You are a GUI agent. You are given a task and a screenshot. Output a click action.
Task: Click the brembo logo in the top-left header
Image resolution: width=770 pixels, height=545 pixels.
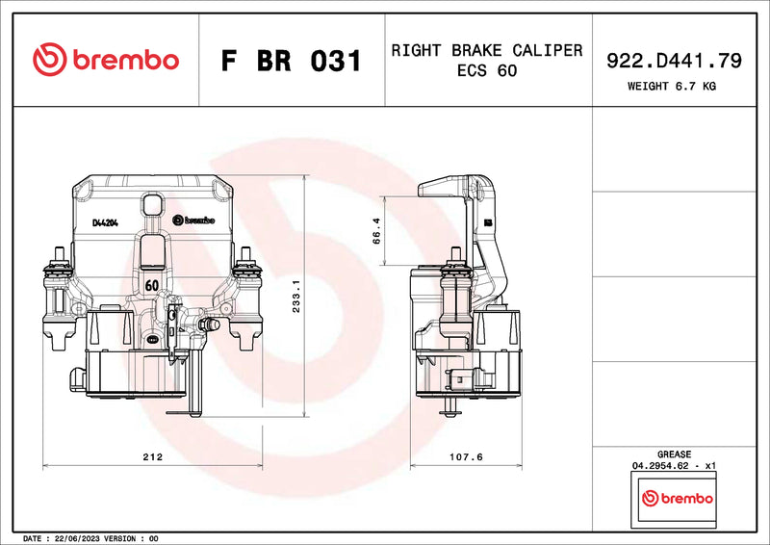(x=106, y=60)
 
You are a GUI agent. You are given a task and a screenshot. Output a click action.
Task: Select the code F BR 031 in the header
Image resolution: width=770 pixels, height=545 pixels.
(x=292, y=61)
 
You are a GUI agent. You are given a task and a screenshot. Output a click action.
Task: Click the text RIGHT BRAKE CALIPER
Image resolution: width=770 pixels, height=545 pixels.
(x=486, y=50)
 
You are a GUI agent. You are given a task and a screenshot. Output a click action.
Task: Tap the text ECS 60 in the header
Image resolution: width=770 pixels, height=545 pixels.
(x=486, y=72)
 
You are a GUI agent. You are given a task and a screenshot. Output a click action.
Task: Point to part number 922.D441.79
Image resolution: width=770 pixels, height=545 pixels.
(x=673, y=61)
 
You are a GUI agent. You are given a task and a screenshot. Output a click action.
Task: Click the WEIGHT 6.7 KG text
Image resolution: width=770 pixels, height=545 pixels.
(x=672, y=86)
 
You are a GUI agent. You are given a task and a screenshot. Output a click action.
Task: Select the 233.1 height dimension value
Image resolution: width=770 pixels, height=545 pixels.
(x=296, y=297)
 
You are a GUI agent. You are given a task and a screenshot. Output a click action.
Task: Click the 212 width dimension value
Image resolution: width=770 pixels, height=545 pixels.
(x=152, y=456)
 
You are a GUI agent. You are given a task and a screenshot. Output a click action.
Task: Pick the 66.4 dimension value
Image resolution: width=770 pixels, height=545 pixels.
(x=376, y=232)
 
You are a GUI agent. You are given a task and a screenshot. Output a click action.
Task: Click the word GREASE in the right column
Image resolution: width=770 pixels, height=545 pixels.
(x=673, y=454)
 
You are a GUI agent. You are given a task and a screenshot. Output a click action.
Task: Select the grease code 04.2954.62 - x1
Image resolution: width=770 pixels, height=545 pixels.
(x=673, y=465)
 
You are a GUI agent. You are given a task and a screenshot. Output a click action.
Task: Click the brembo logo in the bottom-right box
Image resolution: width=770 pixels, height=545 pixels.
(x=678, y=499)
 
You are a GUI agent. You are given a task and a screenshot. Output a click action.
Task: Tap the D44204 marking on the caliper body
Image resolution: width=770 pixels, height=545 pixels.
(x=105, y=222)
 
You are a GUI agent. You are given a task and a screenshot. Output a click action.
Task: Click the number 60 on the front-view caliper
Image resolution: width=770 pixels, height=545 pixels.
(x=152, y=286)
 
